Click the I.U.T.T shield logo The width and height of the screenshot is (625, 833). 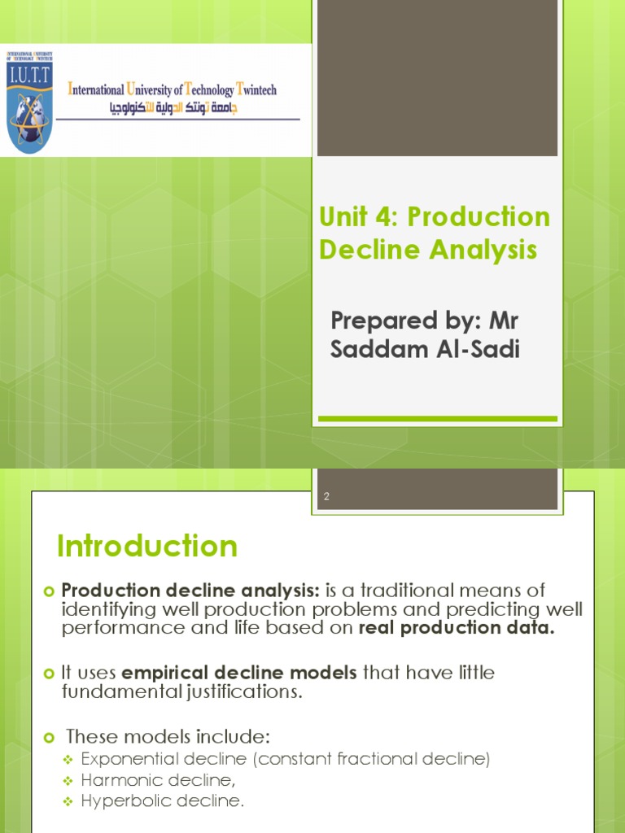click(30, 101)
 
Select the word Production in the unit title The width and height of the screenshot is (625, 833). click(479, 217)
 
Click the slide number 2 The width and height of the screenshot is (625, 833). click(326, 496)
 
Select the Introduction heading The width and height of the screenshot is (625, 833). click(147, 546)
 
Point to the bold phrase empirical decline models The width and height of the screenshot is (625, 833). click(239, 673)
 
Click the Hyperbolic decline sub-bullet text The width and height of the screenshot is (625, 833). click(162, 800)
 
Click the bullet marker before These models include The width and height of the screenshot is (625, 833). click(47, 738)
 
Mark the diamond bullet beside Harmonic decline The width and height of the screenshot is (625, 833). click(69, 780)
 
